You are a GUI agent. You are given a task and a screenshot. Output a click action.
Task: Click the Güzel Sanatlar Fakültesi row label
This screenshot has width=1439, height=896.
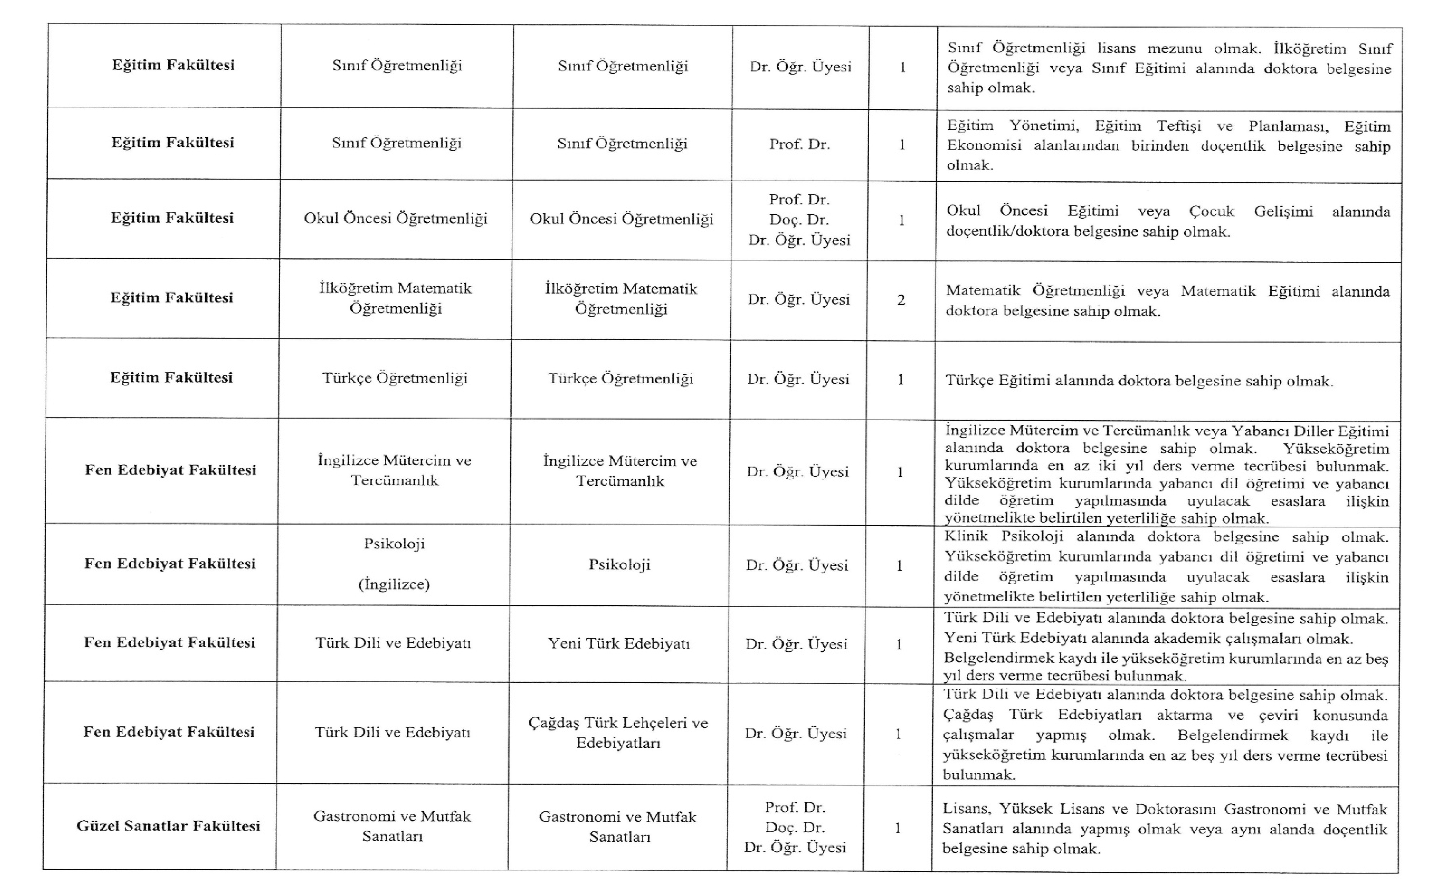pos(169,826)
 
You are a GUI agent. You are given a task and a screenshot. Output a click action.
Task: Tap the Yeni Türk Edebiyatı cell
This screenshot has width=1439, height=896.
pos(618,644)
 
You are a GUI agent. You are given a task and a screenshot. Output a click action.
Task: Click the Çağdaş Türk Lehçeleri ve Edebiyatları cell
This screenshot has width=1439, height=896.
pos(618,733)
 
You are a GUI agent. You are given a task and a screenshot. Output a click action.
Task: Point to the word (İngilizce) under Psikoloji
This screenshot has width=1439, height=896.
pos(394,584)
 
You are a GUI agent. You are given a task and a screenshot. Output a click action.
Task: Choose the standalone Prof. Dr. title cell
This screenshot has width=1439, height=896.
pos(799,144)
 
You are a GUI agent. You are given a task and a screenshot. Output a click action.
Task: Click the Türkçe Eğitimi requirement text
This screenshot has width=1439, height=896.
pos(1138,380)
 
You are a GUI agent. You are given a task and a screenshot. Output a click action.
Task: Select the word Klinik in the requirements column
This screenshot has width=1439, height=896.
pos(966,537)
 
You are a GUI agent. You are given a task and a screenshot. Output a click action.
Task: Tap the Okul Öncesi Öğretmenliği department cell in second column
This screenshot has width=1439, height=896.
pos(396,219)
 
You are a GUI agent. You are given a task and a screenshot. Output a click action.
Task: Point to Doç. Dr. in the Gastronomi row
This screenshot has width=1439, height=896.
pos(794,827)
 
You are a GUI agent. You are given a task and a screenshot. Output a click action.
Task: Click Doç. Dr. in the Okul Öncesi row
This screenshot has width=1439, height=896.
pos(799,220)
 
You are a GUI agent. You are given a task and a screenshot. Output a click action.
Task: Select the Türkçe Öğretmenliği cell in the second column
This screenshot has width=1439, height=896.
pos(395,378)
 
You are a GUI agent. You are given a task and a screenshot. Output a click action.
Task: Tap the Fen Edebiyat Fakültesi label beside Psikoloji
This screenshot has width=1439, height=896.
pos(170,564)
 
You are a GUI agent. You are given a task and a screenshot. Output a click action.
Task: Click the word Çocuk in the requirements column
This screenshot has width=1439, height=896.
pos(1212,211)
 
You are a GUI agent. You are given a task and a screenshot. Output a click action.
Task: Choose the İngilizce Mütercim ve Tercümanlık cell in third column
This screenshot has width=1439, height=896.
pos(620,470)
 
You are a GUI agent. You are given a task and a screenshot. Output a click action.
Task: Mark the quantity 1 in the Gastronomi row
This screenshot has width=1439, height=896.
pos(898,828)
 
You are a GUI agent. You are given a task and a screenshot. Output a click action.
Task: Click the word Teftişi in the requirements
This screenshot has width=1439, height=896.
pos(1179,126)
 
